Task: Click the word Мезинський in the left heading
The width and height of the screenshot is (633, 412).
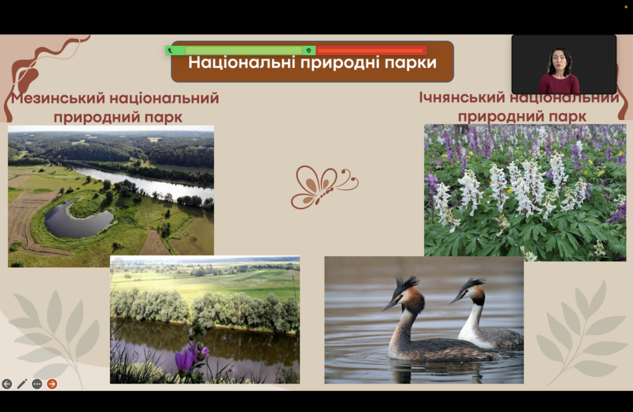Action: [58, 98]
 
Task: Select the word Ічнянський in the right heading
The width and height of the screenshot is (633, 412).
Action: [462, 97]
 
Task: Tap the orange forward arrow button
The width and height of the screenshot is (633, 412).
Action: [52, 384]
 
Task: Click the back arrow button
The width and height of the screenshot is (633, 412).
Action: [7, 384]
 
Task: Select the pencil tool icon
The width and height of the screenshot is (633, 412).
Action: [22, 384]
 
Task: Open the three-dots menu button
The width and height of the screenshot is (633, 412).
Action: [36, 384]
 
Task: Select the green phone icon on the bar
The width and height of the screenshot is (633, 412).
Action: [171, 51]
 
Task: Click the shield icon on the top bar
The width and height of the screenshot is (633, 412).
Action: [309, 51]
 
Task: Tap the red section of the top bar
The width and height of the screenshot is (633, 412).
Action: [371, 51]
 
